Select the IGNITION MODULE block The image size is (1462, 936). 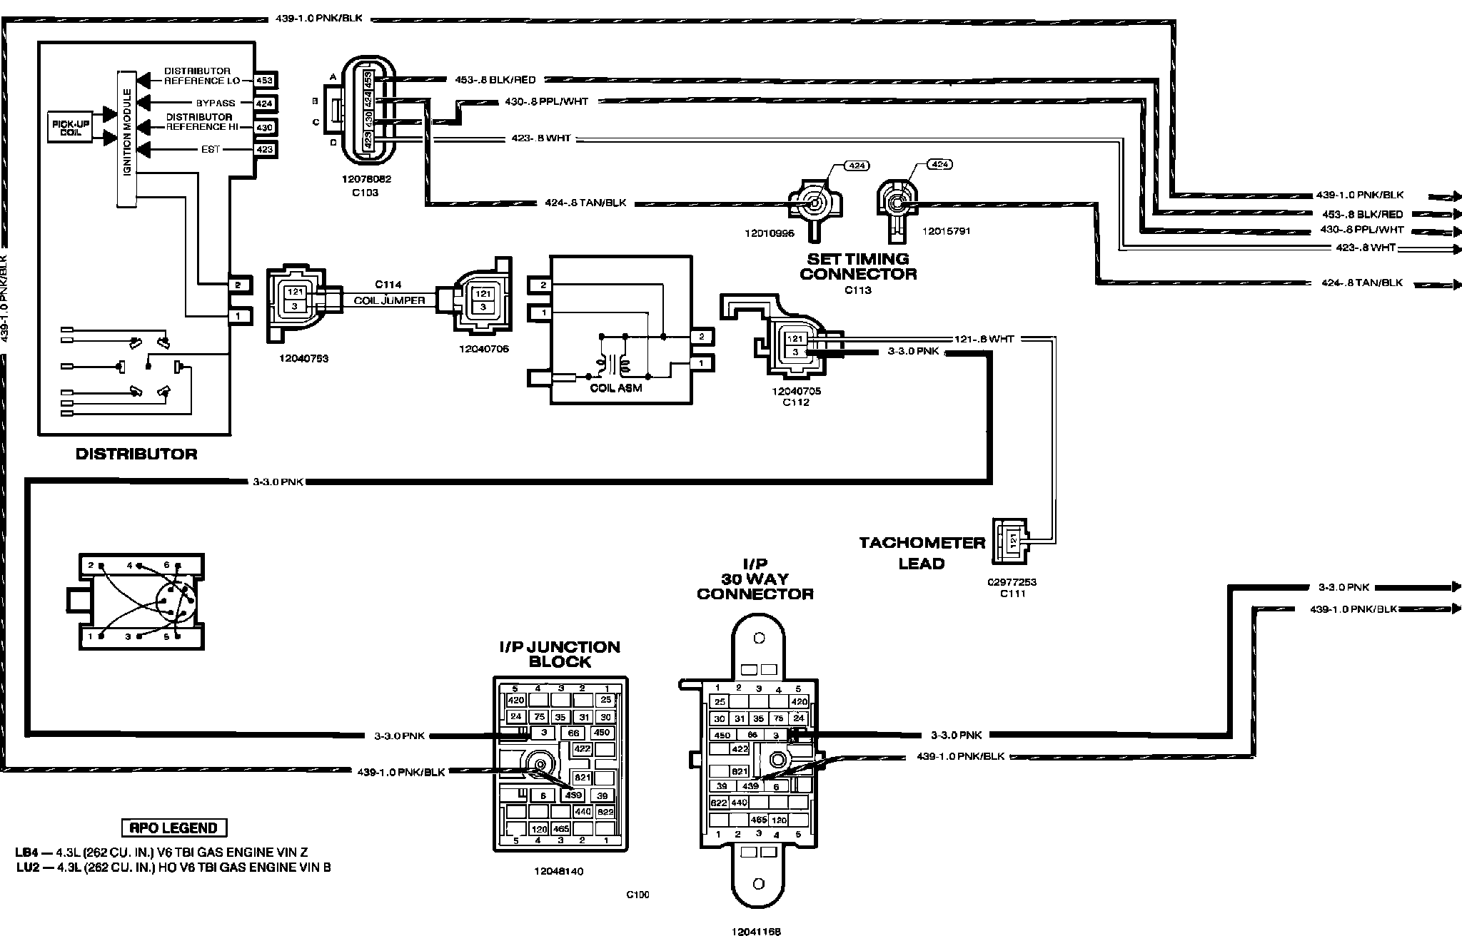126,139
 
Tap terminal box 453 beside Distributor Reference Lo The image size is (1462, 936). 264,81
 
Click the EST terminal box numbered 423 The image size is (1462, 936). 264,150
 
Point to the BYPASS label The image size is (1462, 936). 216,103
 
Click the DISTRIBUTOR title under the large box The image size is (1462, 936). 136,454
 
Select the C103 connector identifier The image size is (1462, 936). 365,193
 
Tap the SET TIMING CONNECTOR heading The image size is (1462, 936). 858,266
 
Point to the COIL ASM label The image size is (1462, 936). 615,388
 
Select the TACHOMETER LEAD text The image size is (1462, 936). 922,553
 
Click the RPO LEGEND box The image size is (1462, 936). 174,828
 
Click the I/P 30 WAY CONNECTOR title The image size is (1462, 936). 755,579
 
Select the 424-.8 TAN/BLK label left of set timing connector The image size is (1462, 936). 585,203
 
